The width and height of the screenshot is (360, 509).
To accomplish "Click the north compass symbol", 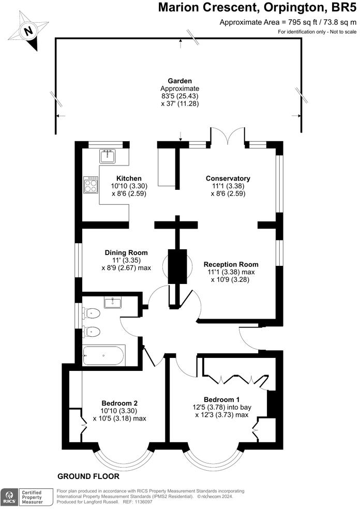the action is (28, 31).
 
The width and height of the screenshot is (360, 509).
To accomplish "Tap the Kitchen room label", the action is (129, 178).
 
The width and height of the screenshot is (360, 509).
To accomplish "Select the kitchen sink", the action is (108, 156).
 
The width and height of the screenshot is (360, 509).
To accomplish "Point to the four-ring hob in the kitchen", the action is (91, 185).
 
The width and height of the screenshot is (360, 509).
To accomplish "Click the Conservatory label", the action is (228, 178).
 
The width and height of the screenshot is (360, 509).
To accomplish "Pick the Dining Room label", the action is (126, 252).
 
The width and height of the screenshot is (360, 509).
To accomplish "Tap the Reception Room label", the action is (231, 264).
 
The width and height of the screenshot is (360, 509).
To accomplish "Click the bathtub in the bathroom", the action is (104, 355).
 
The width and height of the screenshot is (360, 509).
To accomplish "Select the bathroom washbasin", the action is (112, 303).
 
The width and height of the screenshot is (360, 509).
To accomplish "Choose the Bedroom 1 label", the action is (222, 400).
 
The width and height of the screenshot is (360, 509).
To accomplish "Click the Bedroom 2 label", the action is (119, 403).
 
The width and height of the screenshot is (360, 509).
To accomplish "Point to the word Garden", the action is (179, 81).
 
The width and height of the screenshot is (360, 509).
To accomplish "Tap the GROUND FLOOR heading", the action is (88, 476).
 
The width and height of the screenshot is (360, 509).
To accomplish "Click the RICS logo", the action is (9, 497).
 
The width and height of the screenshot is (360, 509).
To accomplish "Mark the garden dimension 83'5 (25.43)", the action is (179, 96).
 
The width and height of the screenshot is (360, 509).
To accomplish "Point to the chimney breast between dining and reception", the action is (177, 266).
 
